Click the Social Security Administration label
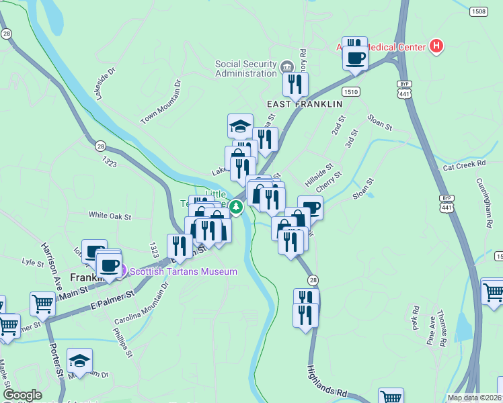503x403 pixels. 246,69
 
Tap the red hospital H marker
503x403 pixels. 436,46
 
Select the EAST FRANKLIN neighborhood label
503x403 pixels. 305,104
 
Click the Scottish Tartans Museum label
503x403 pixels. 183,271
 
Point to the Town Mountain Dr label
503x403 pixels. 162,103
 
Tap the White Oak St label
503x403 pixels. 110,216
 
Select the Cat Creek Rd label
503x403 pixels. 464,165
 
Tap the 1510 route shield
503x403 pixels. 350,91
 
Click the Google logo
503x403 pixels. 22,395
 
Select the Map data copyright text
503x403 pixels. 474,397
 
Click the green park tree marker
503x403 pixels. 236,207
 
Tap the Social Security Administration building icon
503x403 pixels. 287,66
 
